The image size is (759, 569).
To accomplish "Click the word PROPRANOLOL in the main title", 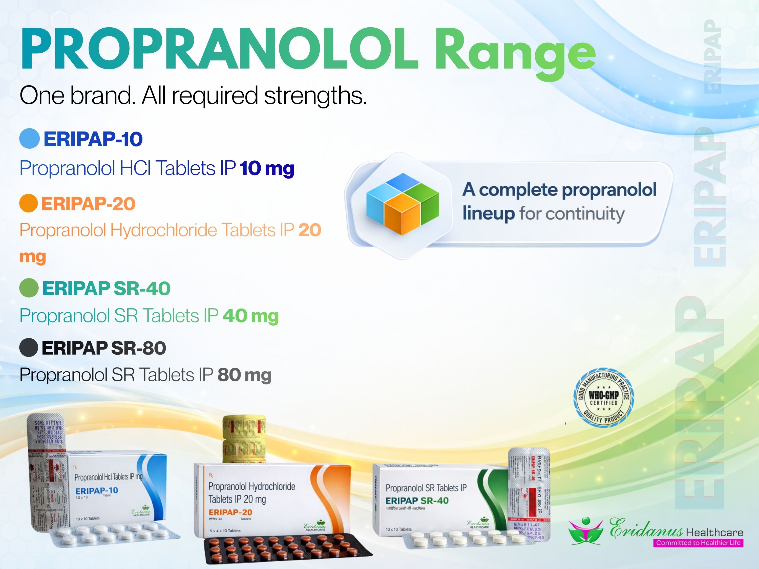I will pos(220,49).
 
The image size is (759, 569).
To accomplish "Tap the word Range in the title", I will pos(516,53).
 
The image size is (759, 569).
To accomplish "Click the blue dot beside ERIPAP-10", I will pos(30,139).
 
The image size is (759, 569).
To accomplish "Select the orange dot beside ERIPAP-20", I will pos(29,203).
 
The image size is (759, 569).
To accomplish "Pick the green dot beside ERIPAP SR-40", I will pos(29,288).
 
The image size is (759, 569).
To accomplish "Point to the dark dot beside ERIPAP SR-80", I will pos(29,347).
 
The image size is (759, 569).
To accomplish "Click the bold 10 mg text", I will pos(267,168).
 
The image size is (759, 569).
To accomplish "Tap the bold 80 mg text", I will pos(244,375).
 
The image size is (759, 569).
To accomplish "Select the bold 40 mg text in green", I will pos(251,316).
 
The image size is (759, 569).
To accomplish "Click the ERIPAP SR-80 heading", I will pos(104,348).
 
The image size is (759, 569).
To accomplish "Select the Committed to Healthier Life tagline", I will pos(698,543).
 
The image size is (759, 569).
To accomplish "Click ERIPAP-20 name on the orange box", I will pos(230,512).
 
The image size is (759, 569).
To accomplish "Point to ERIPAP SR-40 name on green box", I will pos(417,500).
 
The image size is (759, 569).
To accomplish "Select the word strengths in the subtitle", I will pos(315,95).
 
